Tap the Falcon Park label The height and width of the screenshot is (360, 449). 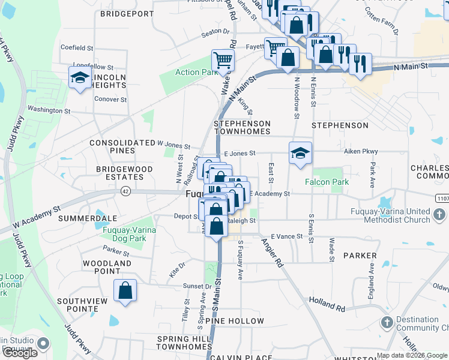[327, 182]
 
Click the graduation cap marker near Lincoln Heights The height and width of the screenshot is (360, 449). [79, 78]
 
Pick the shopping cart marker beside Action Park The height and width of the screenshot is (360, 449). [222, 60]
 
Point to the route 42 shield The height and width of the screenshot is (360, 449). [125, 191]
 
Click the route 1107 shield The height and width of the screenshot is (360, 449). [442, 198]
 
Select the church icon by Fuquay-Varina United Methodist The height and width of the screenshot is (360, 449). [439, 214]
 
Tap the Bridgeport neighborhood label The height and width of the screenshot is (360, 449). [127, 13]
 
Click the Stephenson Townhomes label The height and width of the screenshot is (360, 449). [243, 127]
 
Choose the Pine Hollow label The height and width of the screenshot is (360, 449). [235, 321]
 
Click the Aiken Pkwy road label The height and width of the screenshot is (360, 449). [361, 152]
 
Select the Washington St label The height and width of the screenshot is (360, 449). [49, 110]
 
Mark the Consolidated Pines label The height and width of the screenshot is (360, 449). [122, 146]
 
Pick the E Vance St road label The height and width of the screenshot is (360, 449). [287, 236]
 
